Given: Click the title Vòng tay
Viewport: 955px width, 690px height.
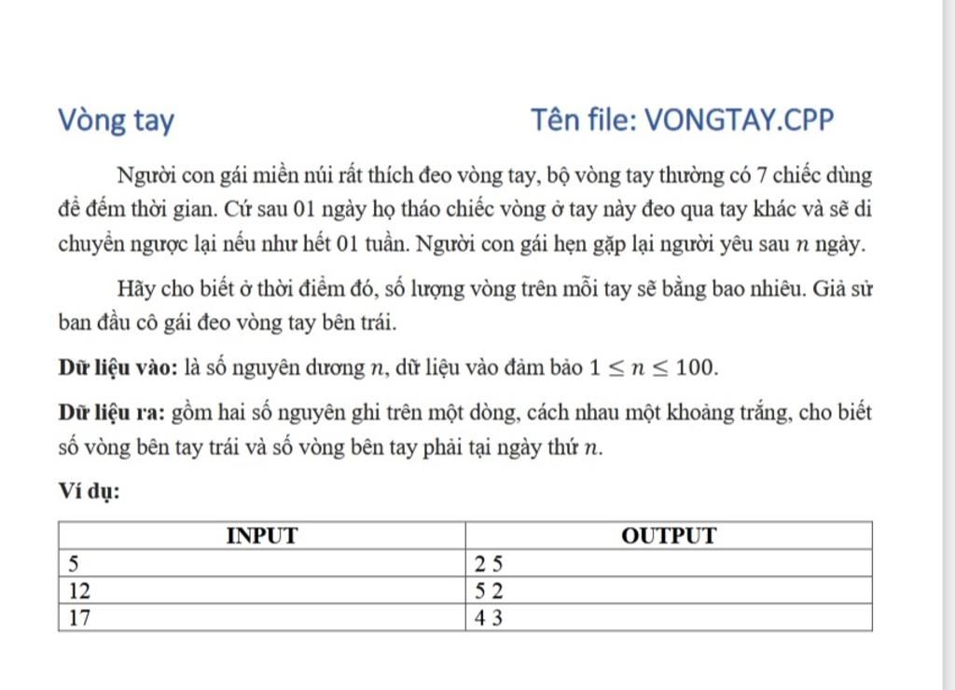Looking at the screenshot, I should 116,121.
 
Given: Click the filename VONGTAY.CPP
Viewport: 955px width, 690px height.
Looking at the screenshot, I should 740,120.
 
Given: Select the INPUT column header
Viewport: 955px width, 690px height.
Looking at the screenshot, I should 262,536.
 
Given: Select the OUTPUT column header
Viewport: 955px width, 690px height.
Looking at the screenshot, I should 669,536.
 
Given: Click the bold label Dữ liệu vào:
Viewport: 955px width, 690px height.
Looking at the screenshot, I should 118,367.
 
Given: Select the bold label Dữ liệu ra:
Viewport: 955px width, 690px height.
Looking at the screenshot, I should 112,413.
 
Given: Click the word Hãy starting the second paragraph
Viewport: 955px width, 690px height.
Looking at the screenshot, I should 136,290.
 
